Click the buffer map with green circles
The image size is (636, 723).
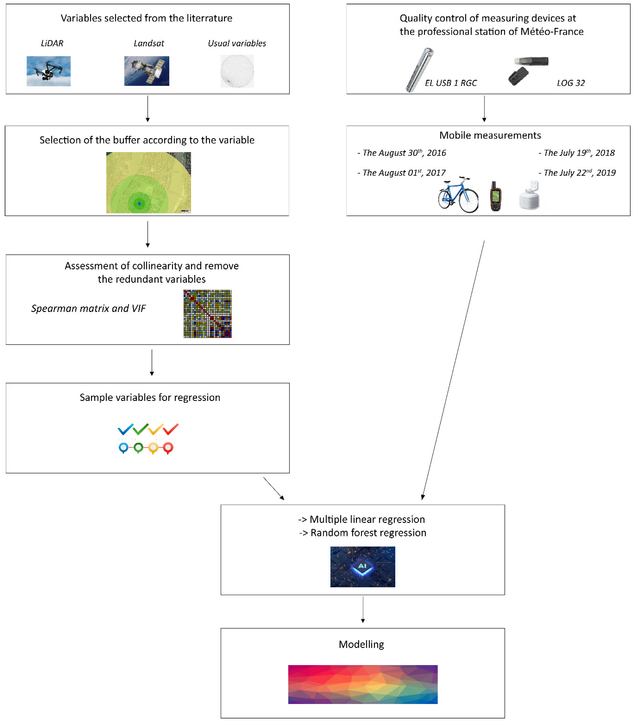pyautogui.click(x=148, y=183)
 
